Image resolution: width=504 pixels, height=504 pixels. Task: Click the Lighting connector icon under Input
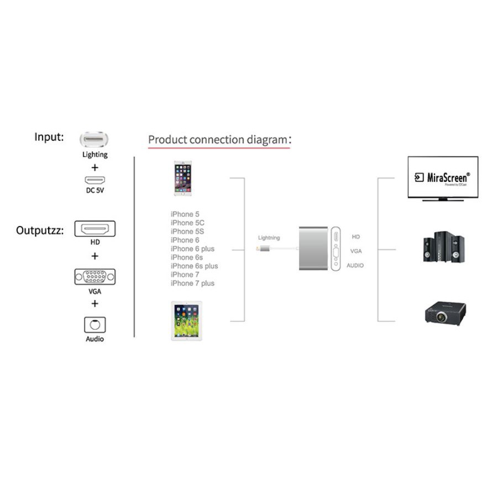click(95, 139)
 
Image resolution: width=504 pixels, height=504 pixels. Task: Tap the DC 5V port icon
click(95, 180)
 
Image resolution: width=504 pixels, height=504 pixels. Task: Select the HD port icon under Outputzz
click(95, 229)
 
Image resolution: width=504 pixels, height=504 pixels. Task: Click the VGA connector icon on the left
click(95, 276)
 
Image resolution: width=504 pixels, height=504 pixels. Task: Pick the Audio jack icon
click(95, 324)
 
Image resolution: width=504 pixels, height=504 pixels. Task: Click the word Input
click(49, 137)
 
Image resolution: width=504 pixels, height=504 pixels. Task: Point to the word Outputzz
click(40, 230)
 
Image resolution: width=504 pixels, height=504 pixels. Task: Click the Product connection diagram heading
click(218, 140)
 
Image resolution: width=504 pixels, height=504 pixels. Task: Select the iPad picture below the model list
click(187, 321)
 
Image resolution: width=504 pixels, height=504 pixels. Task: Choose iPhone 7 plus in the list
click(192, 283)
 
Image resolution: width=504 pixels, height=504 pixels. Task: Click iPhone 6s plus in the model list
click(194, 266)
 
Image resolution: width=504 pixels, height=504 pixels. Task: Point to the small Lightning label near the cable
click(269, 238)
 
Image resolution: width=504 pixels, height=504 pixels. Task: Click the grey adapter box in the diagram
click(313, 248)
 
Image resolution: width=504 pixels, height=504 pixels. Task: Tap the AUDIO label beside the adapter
click(355, 266)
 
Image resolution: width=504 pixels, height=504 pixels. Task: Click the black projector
click(443, 313)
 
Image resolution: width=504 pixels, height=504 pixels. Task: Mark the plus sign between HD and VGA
click(95, 256)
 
